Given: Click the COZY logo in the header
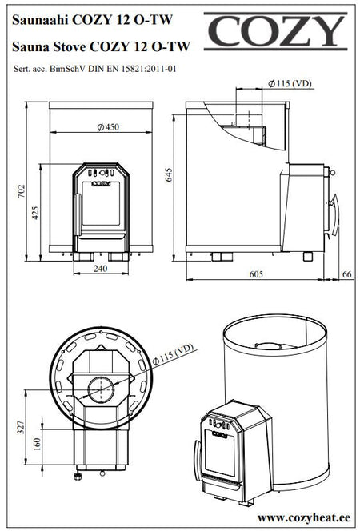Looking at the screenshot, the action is pos(275,31).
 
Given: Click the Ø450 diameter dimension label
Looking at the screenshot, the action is pos(108,127).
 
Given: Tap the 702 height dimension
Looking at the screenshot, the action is pos(22,191).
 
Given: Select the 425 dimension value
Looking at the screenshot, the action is pos(35,213).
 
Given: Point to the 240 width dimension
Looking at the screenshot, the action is pos(101,269).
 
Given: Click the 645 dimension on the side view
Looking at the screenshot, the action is pos(169,175).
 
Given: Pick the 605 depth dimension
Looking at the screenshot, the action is pos(256,274).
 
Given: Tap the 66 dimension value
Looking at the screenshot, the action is pos(347,274).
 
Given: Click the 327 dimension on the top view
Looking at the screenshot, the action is pos(22,427).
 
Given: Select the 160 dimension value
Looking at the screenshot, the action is pos(37,444).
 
